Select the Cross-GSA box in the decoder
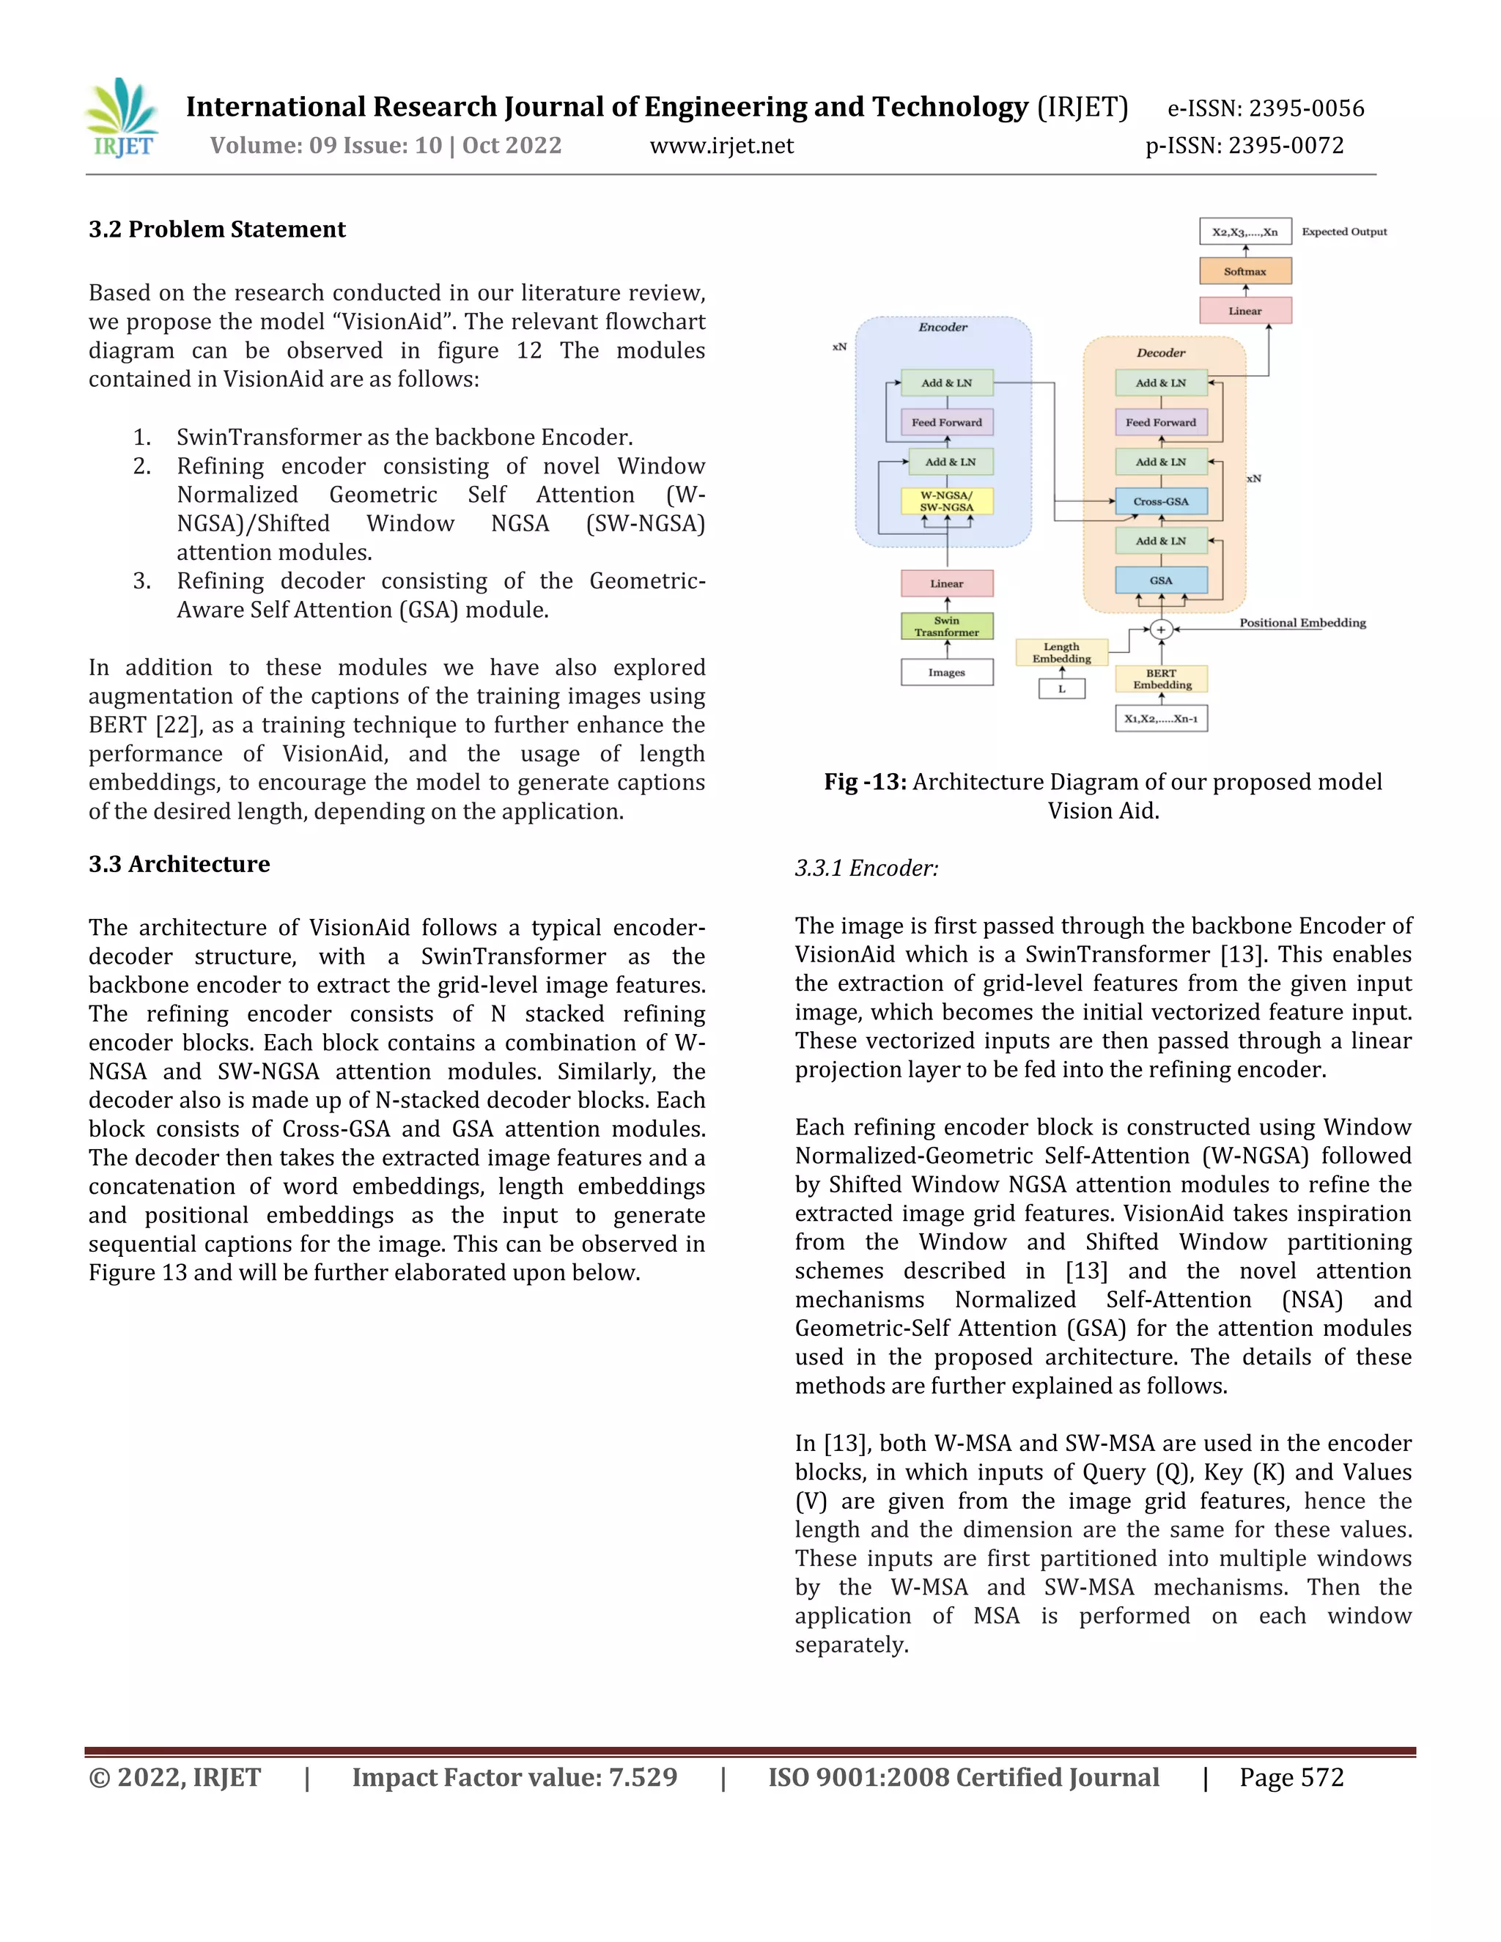(x=1160, y=501)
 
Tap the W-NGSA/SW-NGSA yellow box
(x=946, y=501)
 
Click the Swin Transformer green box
(x=946, y=627)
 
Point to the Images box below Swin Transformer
(x=946, y=672)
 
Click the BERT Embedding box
(x=1162, y=679)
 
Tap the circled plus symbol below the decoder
(x=1159, y=630)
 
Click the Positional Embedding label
(x=1302, y=622)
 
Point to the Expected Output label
(x=1343, y=232)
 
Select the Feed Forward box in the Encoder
(x=946, y=422)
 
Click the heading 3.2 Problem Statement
(x=217, y=229)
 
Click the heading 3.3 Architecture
(x=179, y=864)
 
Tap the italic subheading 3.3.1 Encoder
(x=866, y=868)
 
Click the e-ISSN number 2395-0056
(x=1305, y=108)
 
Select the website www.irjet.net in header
(x=721, y=146)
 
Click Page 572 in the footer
(x=1291, y=1779)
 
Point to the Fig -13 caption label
(x=864, y=783)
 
